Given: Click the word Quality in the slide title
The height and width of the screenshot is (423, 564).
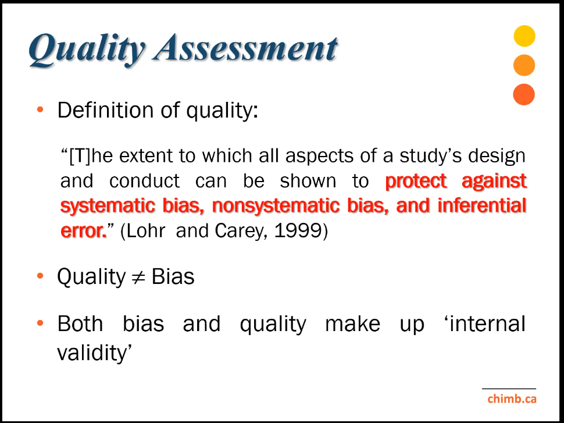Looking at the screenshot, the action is [86, 49].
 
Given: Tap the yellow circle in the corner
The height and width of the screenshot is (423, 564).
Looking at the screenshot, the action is [524, 36].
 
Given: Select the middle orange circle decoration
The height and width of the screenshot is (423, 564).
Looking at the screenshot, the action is [524, 65].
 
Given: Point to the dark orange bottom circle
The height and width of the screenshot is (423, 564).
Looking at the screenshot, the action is [524, 94].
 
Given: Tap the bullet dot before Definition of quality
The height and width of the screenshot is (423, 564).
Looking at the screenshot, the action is [40, 109].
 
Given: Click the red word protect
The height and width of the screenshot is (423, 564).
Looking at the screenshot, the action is [416, 181].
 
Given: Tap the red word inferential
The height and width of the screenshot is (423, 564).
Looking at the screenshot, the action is [482, 205].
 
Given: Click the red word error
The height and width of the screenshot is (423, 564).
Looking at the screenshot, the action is [84, 231].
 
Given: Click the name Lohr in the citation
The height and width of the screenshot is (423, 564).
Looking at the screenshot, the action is [146, 231].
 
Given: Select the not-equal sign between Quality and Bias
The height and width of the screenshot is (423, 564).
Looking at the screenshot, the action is [138, 278].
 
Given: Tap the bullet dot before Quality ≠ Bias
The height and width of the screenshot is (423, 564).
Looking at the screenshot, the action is [40, 276].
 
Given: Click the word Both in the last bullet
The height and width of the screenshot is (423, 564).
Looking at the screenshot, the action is [80, 324].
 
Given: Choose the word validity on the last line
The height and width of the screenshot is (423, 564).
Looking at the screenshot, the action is [95, 353].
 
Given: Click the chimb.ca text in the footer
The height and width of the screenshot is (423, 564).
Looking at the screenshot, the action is [512, 399].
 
